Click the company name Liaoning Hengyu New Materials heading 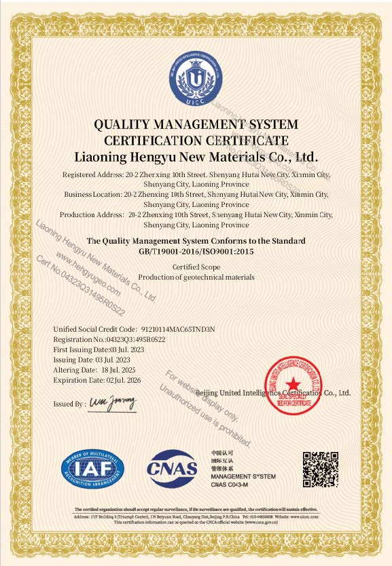[x=196, y=157]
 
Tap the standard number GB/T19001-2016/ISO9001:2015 [x=196, y=251]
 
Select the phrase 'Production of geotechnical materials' [x=196, y=277]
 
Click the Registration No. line [x=109, y=339]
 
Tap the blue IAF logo [x=94, y=468]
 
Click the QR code [x=320, y=469]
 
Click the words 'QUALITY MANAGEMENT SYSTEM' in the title [x=196, y=124]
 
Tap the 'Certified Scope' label [x=196, y=267]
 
